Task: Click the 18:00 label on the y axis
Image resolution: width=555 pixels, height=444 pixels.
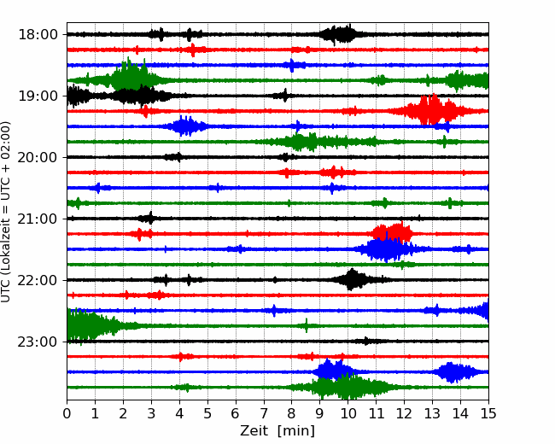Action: [x=38, y=35]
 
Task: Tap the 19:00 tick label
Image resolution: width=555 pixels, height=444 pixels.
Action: [x=38, y=96]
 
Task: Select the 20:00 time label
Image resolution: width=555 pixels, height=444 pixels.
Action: [x=38, y=157]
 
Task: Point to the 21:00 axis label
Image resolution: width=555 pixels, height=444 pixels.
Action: [x=38, y=219]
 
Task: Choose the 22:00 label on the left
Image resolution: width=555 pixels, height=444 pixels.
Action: [x=38, y=280]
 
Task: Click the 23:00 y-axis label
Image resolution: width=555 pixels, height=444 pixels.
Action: [x=38, y=342]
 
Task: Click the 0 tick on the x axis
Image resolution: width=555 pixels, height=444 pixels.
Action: [x=67, y=413]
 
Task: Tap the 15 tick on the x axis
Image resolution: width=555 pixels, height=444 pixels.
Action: [x=488, y=413]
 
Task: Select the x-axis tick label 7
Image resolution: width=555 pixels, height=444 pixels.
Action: [x=264, y=413]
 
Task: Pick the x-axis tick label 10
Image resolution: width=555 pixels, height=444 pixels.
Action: [x=348, y=413]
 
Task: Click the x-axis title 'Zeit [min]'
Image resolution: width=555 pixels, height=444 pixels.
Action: [x=277, y=431]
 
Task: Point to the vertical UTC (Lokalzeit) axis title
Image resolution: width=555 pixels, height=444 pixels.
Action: [x=5, y=212]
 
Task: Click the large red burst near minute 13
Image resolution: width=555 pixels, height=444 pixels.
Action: [x=434, y=109]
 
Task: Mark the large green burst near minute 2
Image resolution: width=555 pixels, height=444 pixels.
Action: [x=131, y=76]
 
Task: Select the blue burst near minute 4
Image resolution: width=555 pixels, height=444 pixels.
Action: [x=184, y=126]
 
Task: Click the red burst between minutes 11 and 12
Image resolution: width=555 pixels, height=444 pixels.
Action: [x=392, y=232]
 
